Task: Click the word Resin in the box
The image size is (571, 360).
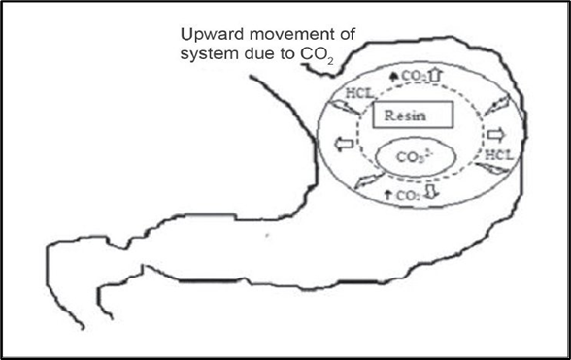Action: (405, 115)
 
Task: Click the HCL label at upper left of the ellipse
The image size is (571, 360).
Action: (359, 93)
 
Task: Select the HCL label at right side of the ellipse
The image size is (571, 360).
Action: (499, 155)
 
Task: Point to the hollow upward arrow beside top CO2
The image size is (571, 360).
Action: (435, 75)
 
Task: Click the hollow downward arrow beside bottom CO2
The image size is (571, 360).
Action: (431, 191)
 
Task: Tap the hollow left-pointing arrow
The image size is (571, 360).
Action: (344, 144)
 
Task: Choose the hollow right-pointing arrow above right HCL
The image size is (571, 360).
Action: (496, 136)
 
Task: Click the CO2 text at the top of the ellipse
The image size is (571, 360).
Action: (414, 77)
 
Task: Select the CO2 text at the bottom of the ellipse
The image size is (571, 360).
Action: (408, 195)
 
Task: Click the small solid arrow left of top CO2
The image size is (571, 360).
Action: (393, 77)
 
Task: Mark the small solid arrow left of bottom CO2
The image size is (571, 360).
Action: (388, 194)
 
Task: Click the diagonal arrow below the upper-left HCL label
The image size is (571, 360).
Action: (344, 109)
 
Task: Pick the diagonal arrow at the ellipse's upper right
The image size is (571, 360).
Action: (496, 106)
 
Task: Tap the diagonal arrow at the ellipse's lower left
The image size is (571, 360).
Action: (369, 180)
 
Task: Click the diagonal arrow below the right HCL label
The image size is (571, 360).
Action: (491, 168)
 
